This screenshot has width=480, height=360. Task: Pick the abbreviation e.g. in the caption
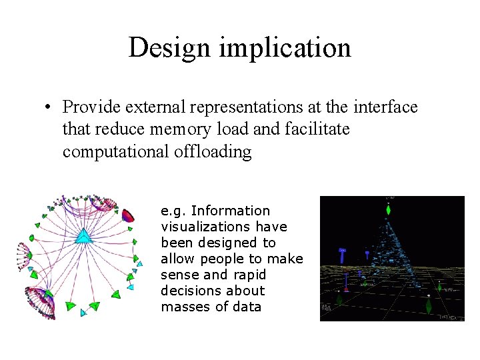(173, 211)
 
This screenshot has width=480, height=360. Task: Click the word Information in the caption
(231, 211)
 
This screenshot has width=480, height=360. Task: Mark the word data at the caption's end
(247, 307)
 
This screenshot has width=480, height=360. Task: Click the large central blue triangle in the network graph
(83, 236)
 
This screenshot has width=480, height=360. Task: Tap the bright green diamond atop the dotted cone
(389, 211)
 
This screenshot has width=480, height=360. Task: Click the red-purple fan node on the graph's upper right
(129, 215)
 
